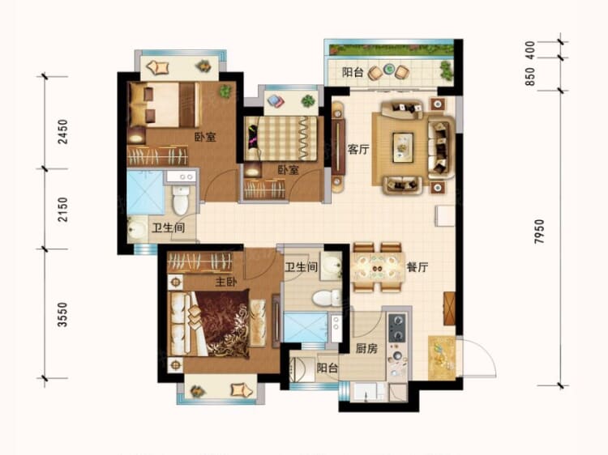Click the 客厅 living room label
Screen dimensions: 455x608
tap(358, 150)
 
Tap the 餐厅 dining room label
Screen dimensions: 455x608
tap(417, 266)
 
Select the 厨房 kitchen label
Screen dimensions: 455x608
tap(366, 349)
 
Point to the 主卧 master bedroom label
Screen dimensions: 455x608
tap(225, 283)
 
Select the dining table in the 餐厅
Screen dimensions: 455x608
tap(378, 266)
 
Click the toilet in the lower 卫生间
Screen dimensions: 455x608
tap(328, 297)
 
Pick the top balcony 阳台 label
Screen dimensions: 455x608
tap(352, 73)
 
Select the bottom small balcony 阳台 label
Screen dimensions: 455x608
tap(327, 368)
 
